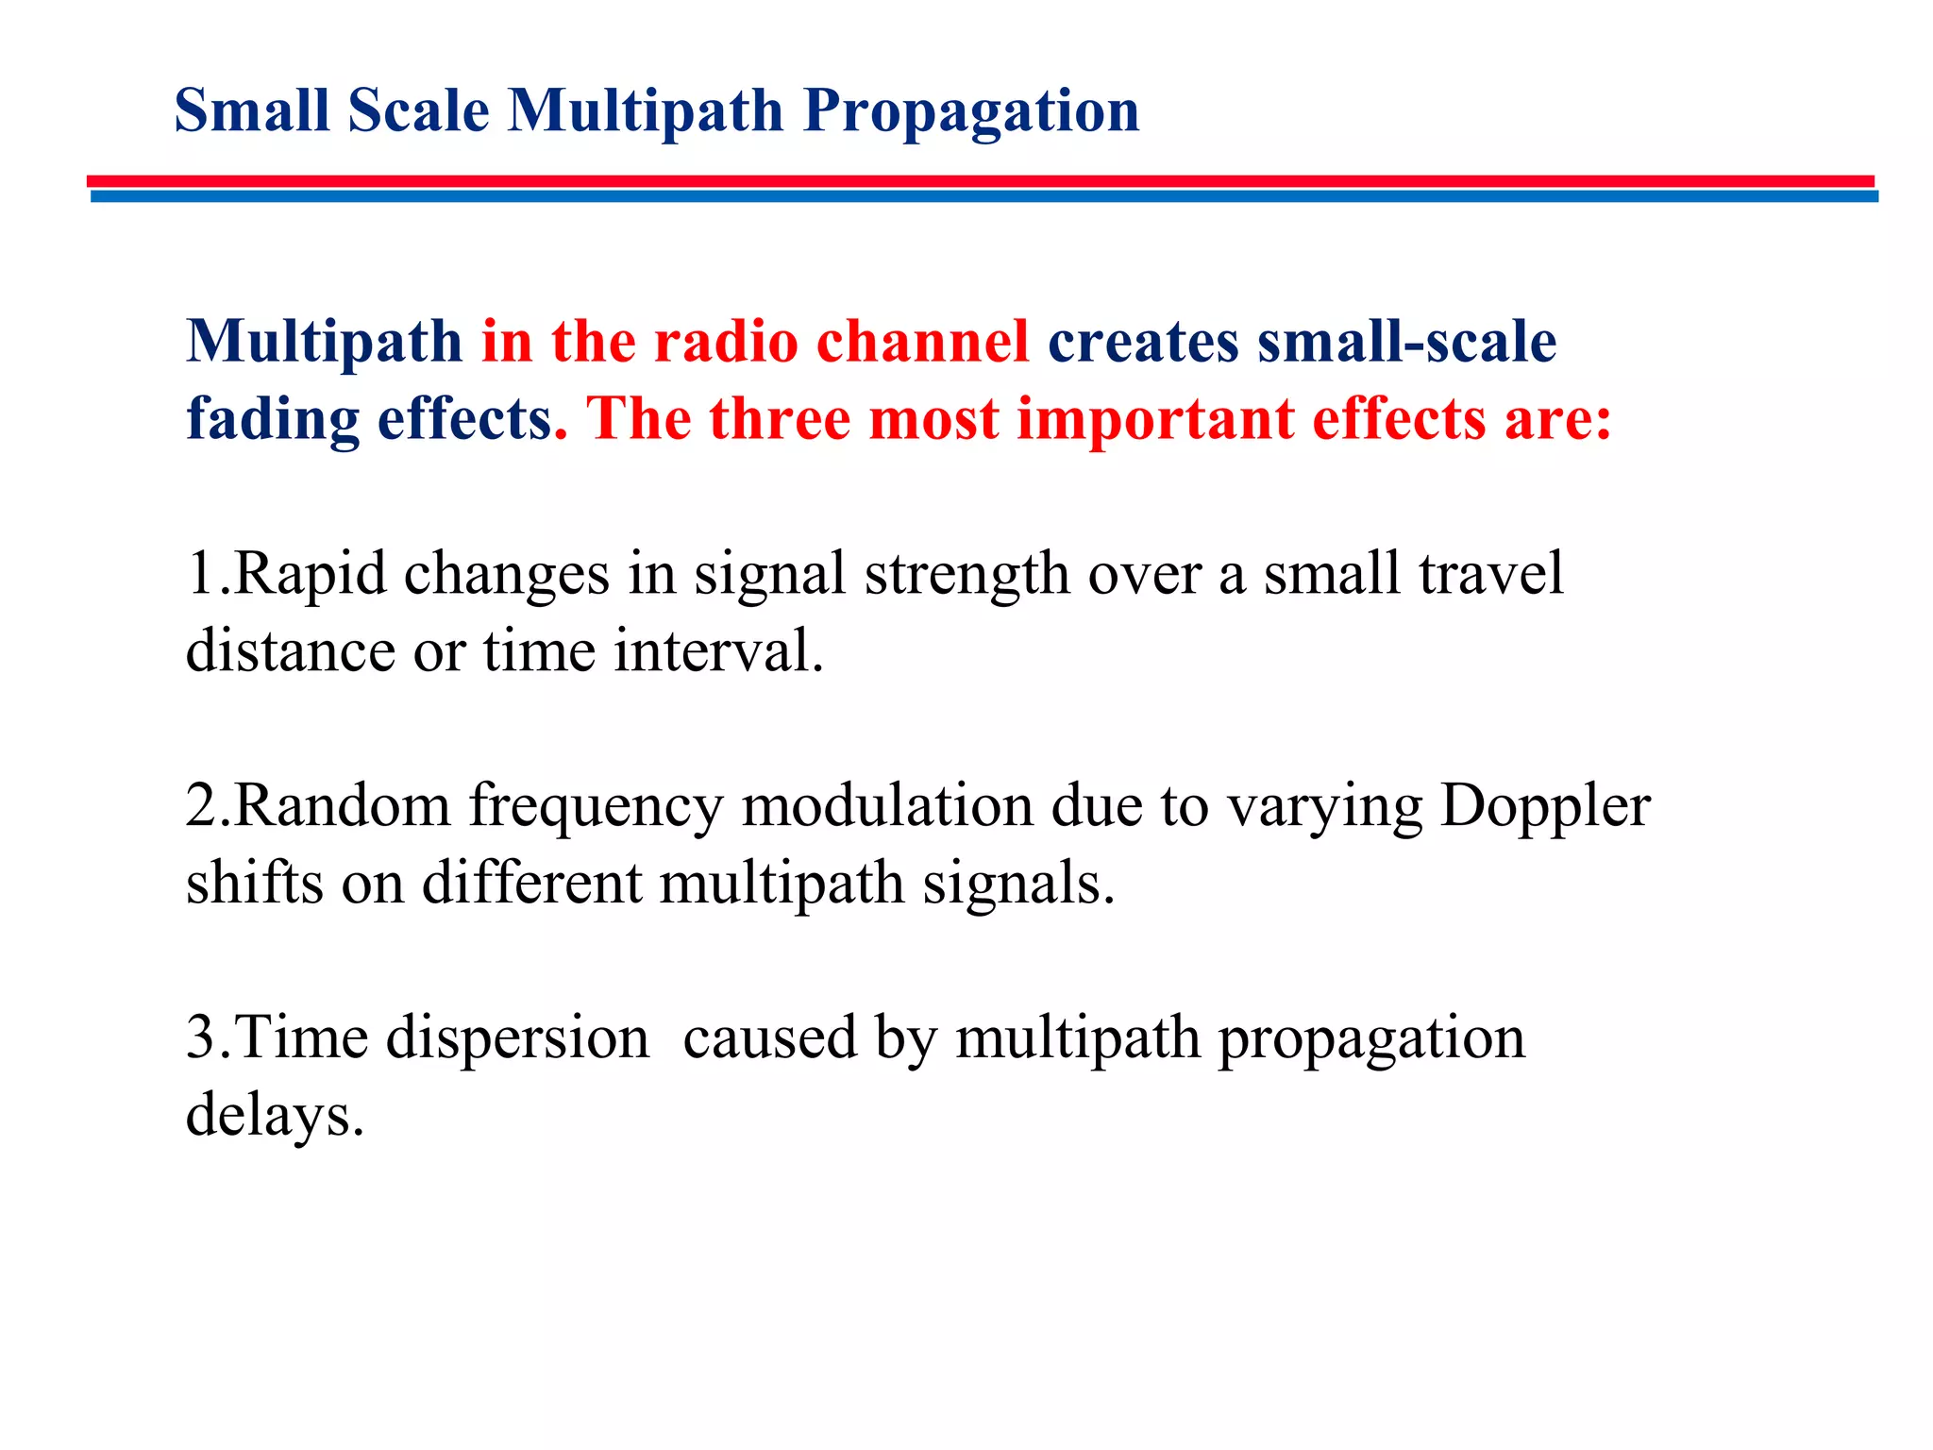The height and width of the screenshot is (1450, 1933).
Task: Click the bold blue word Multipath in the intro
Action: (324, 342)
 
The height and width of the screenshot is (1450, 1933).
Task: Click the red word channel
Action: (922, 341)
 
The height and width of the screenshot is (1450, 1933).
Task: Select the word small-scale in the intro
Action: (1406, 341)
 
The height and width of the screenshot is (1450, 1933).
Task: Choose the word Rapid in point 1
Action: (310, 574)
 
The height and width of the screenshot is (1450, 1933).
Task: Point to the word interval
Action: (718, 651)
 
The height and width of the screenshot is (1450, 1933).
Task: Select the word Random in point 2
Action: (342, 806)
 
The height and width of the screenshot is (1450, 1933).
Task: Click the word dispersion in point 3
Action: (517, 1039)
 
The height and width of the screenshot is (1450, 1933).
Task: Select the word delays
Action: (274, 1117)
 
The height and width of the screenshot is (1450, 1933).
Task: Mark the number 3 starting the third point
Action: (200, 1038)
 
